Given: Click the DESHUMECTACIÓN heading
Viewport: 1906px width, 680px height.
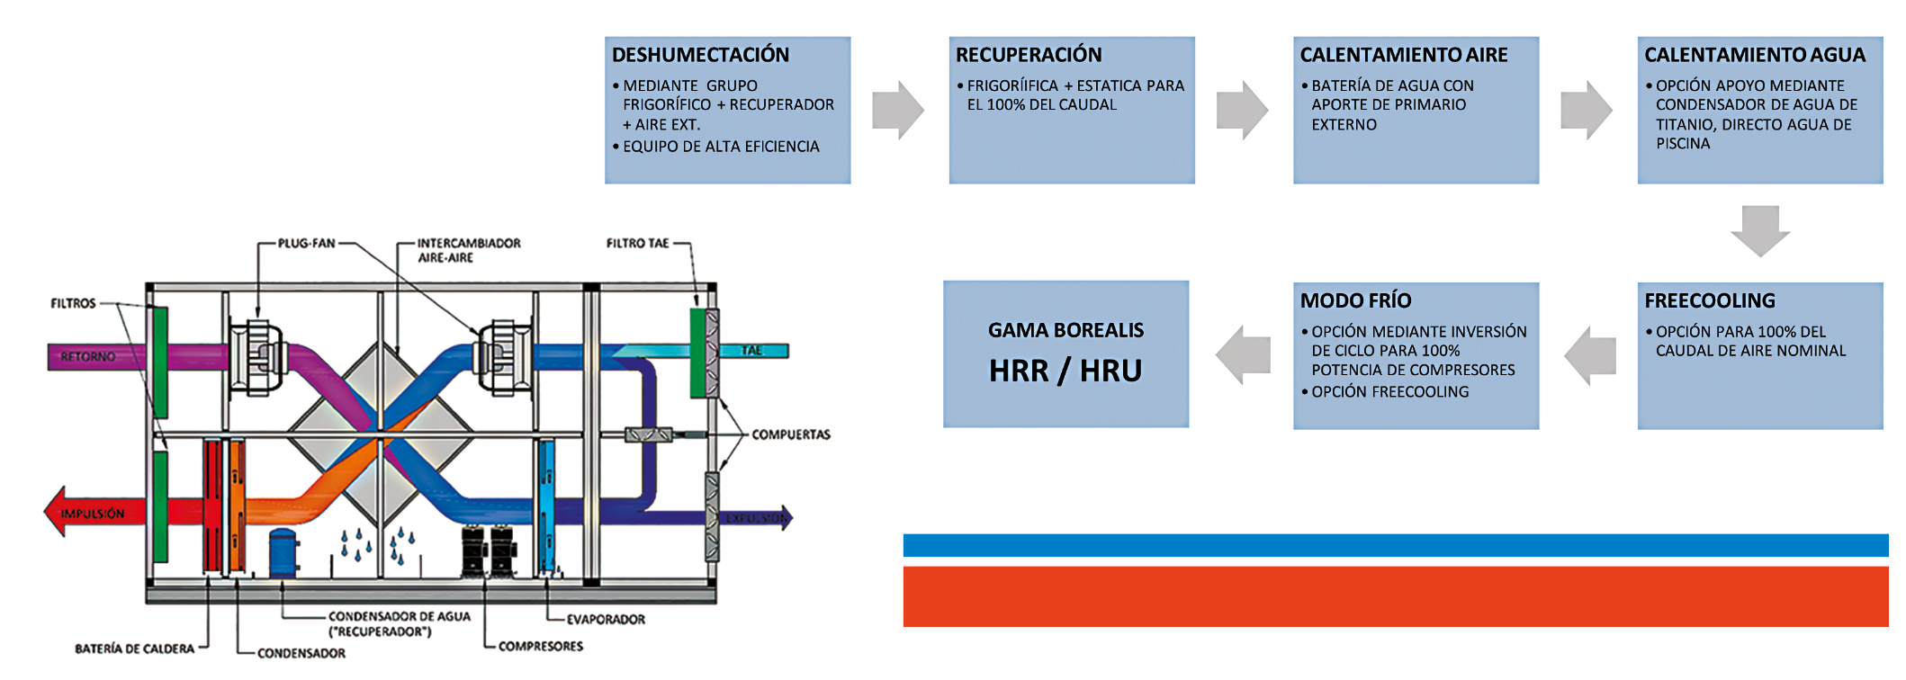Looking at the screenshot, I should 700,55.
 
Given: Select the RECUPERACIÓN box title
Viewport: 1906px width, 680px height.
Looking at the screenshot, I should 1029,55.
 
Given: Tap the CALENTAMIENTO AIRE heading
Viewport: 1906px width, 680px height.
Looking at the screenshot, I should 1404,55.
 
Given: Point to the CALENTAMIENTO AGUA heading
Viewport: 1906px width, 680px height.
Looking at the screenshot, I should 1755,55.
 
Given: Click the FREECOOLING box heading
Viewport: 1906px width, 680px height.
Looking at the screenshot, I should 1710,300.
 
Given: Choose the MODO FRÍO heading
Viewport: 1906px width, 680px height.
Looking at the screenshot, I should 1355,300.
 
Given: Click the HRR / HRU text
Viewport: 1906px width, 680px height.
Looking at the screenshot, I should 1065,371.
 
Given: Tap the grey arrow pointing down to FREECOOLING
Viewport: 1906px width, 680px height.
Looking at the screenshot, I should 1760,230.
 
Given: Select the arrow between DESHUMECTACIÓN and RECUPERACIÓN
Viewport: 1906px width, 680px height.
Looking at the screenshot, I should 898,110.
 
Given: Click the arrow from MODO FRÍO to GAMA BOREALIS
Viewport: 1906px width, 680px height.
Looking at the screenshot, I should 1243,354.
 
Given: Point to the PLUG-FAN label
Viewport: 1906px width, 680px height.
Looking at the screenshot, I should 306,243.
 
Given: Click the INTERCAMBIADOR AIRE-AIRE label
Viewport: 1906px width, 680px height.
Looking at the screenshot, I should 468,250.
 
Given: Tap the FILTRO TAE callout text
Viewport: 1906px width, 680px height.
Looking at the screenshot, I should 637,243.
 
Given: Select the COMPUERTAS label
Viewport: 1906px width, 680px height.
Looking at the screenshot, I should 791,434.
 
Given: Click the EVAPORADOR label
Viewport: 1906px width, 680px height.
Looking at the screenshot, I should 606,619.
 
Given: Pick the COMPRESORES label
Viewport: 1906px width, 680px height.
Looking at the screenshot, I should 541,646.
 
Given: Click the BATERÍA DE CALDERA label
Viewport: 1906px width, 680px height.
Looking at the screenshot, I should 134,649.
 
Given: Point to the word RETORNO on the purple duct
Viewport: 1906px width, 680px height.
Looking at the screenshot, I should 87,356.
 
